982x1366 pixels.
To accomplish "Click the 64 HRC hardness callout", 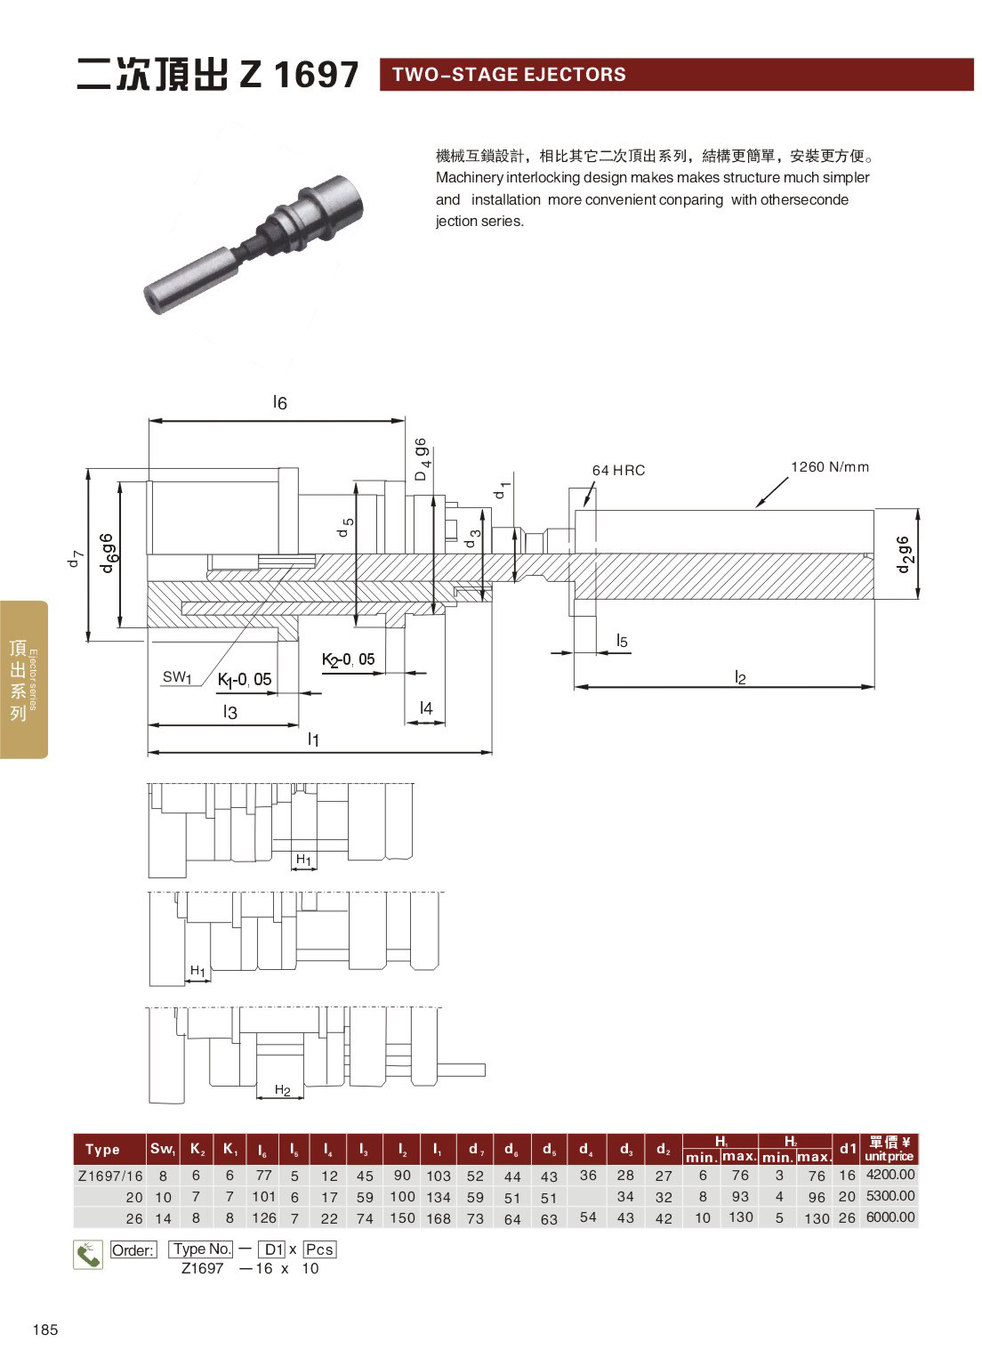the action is pos(618,470).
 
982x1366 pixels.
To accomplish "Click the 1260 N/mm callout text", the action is pos(830,467).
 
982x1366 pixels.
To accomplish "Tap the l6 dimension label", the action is pos(279,402).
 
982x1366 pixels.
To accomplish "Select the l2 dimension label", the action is pos(740,677).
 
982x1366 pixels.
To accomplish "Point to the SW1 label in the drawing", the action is pos(177,677).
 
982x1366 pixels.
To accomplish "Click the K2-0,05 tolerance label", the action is pos(348,659).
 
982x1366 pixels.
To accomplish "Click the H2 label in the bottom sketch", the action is pos(282,1090).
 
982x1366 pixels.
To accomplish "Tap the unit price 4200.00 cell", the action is pos(890,1174).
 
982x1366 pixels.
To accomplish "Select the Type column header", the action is pos(102,1150).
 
